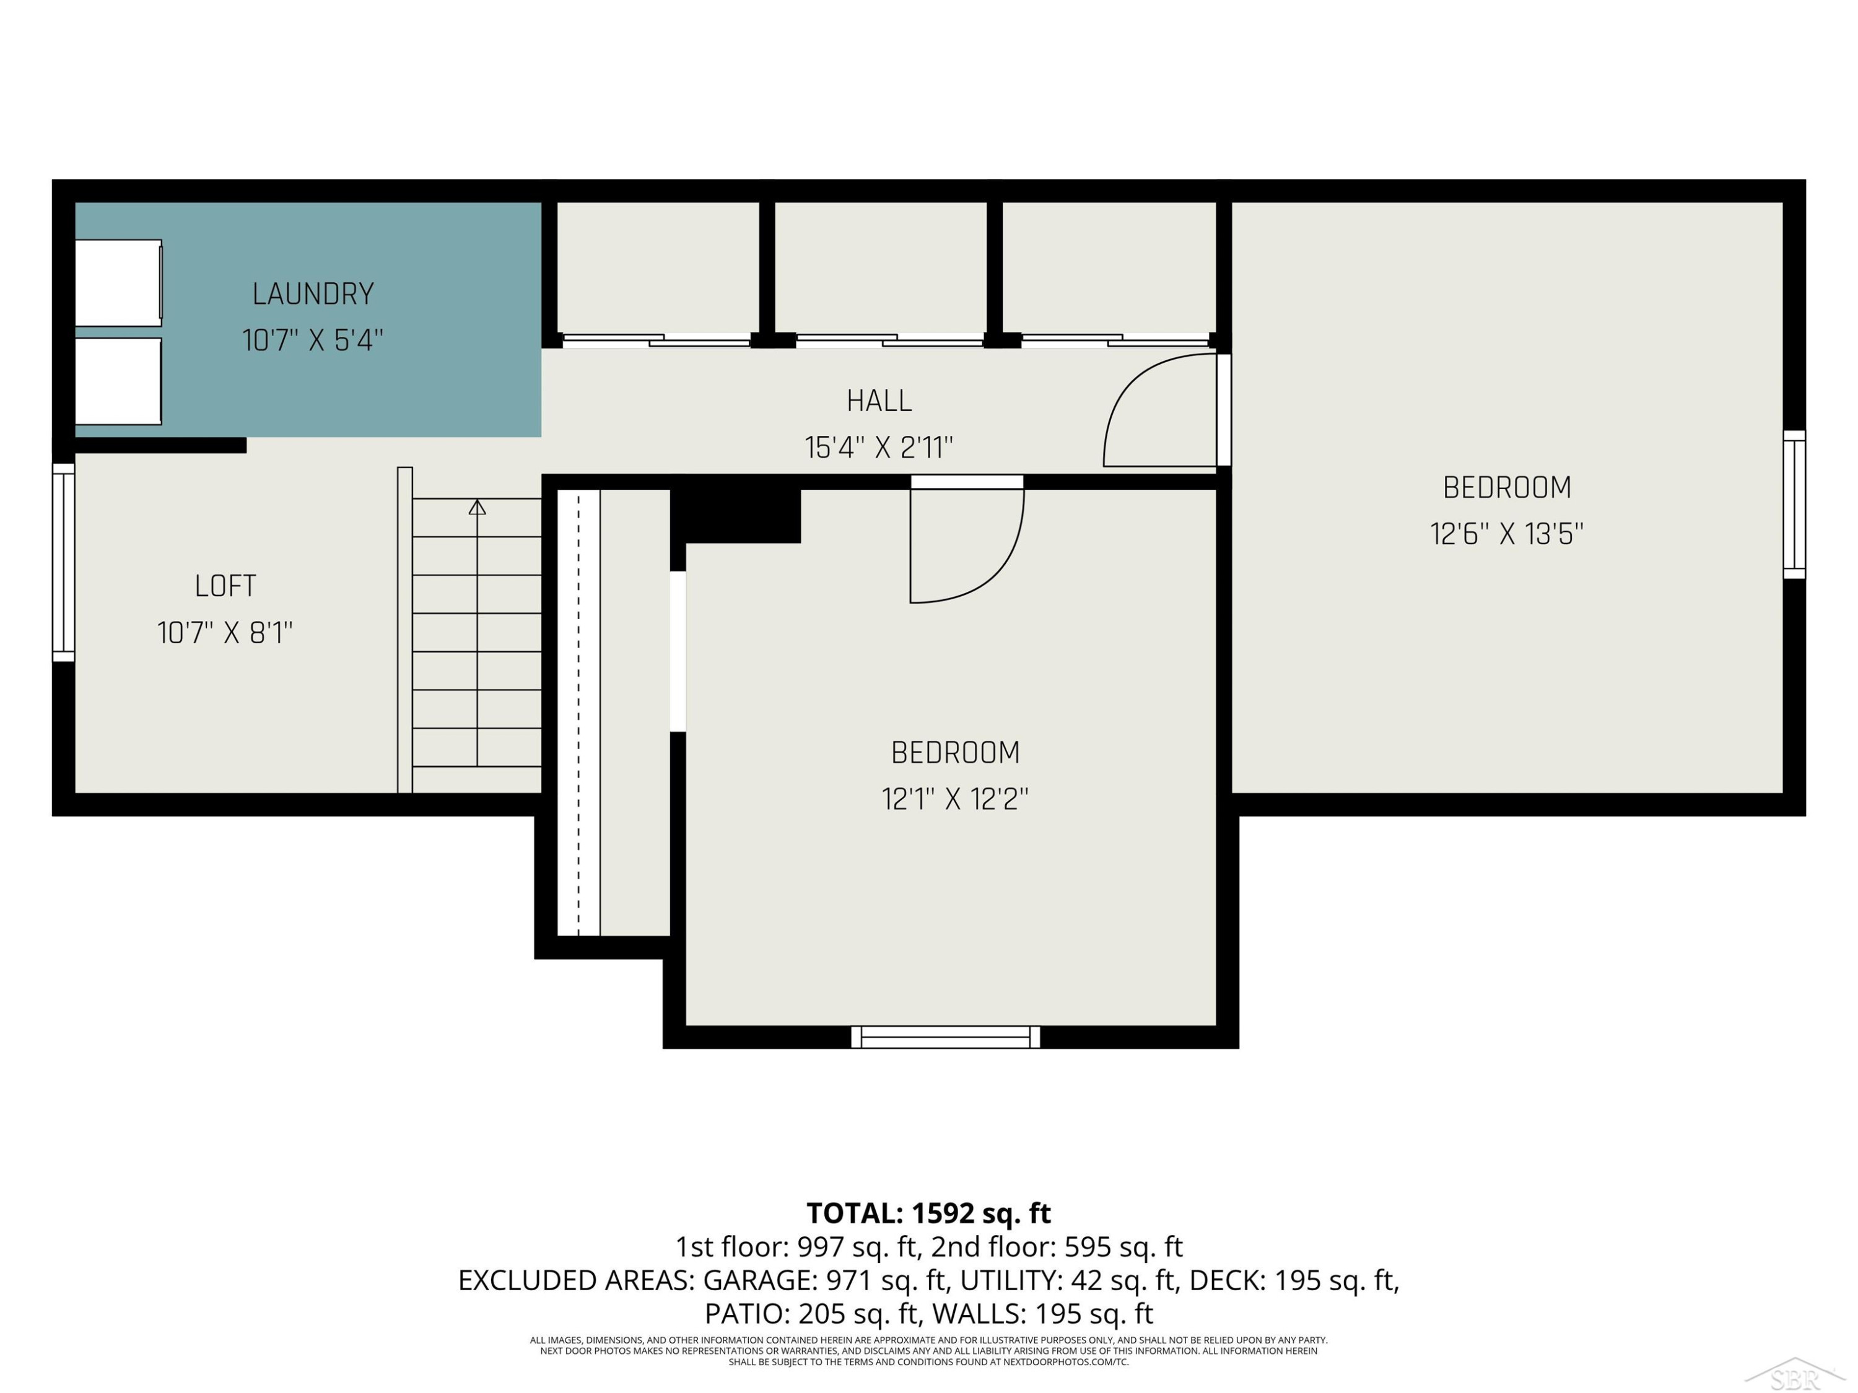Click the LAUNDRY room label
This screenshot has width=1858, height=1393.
313,294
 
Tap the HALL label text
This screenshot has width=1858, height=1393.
879,401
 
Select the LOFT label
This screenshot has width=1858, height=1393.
225,585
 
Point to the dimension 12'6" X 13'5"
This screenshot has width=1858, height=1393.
1507,534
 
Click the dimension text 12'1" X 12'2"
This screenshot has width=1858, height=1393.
955,799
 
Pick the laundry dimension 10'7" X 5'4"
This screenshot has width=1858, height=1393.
313,340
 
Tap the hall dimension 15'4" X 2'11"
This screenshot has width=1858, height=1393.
879,448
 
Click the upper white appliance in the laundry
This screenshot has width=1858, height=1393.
118,283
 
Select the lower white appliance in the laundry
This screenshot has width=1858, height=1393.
118,381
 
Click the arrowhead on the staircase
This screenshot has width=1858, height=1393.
477,506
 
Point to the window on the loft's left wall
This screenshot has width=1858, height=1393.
64,562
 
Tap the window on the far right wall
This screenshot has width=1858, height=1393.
1794,505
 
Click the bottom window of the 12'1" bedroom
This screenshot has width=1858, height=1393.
946,1037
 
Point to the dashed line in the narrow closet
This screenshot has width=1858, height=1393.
578,712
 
